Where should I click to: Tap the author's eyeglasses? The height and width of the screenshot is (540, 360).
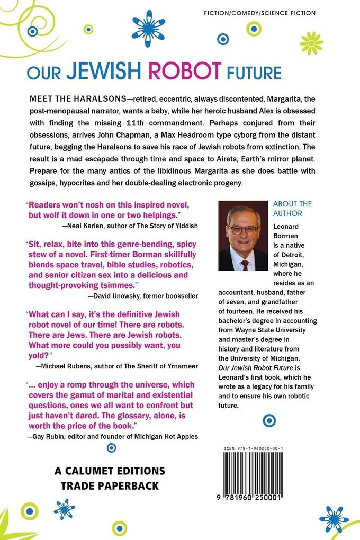243,230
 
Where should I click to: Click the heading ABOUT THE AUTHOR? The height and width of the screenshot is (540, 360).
293,209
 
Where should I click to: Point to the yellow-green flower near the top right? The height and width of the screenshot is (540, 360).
311,43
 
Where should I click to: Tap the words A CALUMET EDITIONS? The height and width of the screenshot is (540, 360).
110,471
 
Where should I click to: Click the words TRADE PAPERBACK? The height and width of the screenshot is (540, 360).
110,485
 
